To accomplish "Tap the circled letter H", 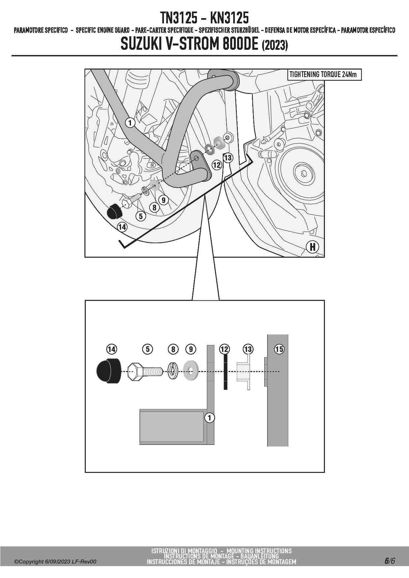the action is (x=312, y=247).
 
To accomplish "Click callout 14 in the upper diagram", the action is (x=122, y=227).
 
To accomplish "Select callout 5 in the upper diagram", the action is (x=141, y=216).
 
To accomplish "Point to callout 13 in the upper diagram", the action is (x=228, y=158).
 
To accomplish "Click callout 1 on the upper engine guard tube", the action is (x=130, y=123).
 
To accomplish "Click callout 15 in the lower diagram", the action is (x=279, y=349).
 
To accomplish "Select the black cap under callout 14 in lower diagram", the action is (x=109, y=371).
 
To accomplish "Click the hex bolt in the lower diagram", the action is (x=145, y=372).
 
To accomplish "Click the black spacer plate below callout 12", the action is (x=225, y=371).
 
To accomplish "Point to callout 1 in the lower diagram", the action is (x=209, y=418).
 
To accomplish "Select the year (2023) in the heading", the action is (x=275, y=45).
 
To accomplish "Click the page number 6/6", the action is (x=390, y=561).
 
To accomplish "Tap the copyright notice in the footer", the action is (x=55, y=562).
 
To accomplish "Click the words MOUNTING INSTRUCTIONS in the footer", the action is (x=259, y=551).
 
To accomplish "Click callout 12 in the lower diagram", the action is (x=224, y=349).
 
